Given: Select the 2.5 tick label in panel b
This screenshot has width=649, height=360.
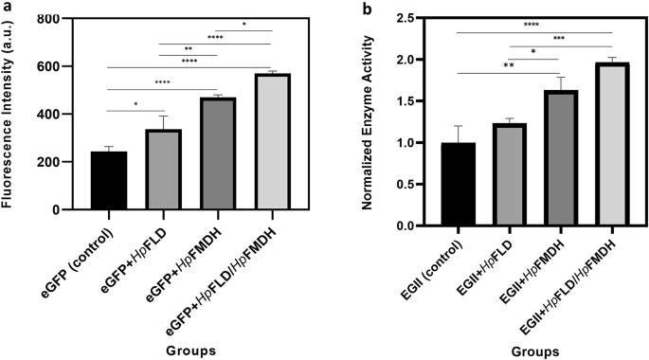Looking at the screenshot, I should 409,18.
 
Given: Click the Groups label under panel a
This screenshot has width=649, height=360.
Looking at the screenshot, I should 189,349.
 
